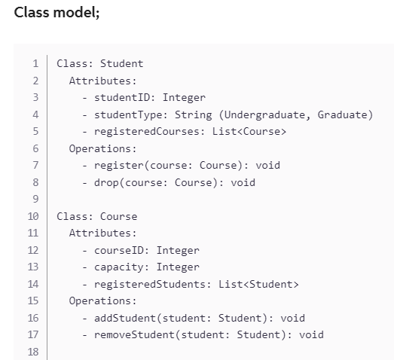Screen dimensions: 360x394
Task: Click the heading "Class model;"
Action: pos(57,13)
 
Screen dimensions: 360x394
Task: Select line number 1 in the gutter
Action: pos(35,63)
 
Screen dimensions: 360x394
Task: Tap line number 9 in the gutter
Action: pos(35,199)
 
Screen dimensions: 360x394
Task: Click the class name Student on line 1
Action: pos(121,63)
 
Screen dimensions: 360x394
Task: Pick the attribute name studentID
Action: pos(124,97)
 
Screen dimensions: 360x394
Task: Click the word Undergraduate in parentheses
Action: pos(270,114)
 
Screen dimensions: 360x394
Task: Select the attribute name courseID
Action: pos(121,250)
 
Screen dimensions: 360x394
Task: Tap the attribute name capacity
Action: pos(118,267)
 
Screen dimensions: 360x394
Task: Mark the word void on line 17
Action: pos(311,334)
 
